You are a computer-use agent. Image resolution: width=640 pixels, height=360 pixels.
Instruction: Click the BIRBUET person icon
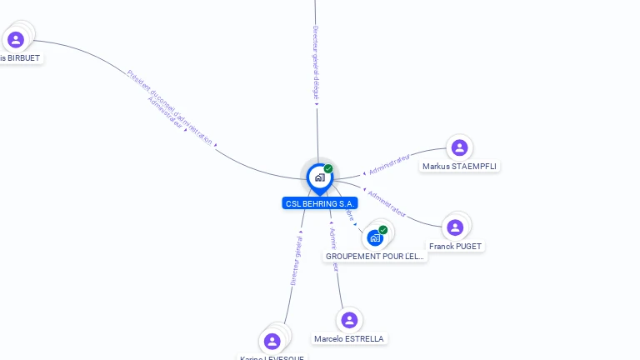click(x=16, y=39)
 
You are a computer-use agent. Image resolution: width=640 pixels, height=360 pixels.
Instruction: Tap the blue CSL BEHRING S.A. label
click(x=320, y=203)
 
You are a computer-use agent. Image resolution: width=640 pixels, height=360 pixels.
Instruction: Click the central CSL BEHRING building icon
click(x=319, y=177)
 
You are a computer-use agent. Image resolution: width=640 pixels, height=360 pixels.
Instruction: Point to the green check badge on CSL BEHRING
click(x=328, y=169)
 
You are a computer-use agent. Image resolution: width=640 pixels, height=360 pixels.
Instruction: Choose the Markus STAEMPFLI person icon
click(x=459, y=147)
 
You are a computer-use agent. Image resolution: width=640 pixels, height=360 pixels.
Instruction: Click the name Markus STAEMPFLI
click(x=459, y=167)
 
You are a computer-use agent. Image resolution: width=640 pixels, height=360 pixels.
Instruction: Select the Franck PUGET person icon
click(x=455, y=227)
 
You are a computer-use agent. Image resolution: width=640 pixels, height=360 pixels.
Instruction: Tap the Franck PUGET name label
click(x=455, y=247)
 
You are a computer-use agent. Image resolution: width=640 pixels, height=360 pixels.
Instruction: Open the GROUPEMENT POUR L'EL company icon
click(x=375, y=238)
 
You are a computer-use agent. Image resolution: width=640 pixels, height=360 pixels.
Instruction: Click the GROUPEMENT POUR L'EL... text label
click(x=375, y=257)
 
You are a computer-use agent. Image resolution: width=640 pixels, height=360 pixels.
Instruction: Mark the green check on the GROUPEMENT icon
click(x=383, y=230)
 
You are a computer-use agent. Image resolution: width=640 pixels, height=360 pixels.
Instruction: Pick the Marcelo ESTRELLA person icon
click(x=349, y=320)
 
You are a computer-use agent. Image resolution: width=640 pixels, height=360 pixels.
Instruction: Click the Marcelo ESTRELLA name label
click(x=349, y=339)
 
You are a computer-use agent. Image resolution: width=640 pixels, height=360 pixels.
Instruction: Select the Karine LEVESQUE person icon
click(x=272, y=341)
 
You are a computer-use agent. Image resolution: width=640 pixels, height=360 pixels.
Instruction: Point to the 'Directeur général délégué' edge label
click(x=317, y=62)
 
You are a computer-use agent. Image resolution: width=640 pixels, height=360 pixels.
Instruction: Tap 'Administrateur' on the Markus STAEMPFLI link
click(x=389, y=164)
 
